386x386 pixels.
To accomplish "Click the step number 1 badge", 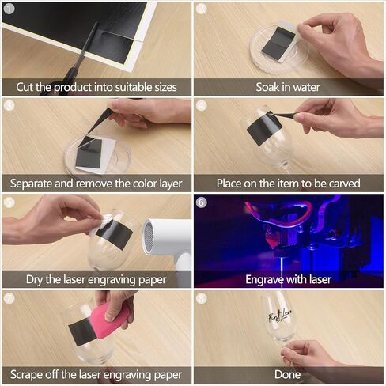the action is coord(9,9).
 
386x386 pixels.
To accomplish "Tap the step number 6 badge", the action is coord(202,202).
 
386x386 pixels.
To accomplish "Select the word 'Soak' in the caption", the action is coord(267,87).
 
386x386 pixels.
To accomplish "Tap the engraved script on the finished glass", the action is coord(279,315).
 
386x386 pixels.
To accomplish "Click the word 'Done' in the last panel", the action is coord(287,375).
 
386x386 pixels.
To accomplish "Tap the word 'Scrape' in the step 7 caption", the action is coord(26,375).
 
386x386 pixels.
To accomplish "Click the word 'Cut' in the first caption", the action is coord(25,87).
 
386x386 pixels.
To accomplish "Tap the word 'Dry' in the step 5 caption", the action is coord(34,280).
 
